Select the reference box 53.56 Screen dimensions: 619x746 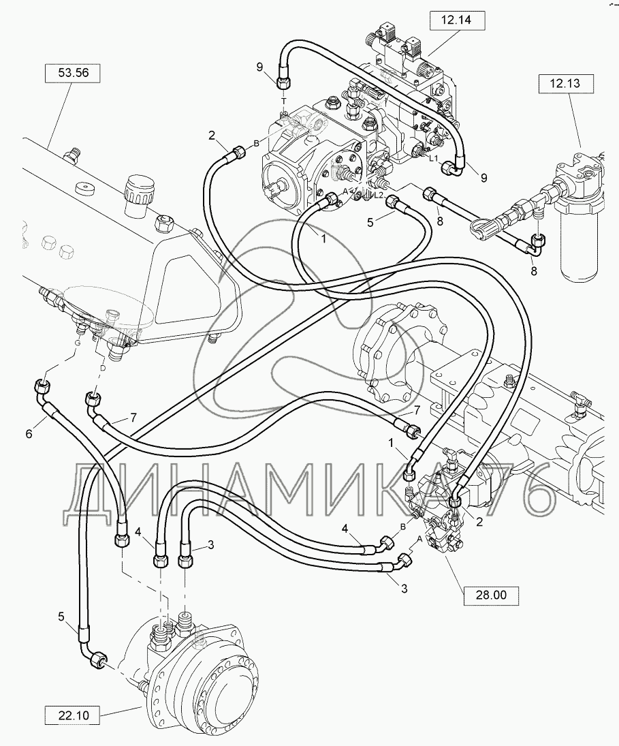click(74, 73)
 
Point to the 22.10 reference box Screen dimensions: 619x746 click(74, 715)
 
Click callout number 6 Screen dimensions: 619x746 click(29, 434)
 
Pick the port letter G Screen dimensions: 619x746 click(77, 343)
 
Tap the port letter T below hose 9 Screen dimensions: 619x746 click(284, 102)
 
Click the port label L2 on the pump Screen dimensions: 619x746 click(378, 195)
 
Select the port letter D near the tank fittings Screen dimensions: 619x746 click(103, 369)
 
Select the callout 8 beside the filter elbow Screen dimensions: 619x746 click(534, 271)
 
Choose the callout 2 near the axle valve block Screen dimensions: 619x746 click(479, 522)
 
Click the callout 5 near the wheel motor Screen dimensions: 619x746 click(61, 617)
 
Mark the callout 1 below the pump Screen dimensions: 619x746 click(323, 239)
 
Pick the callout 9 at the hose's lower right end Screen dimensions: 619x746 click(484, 178)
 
